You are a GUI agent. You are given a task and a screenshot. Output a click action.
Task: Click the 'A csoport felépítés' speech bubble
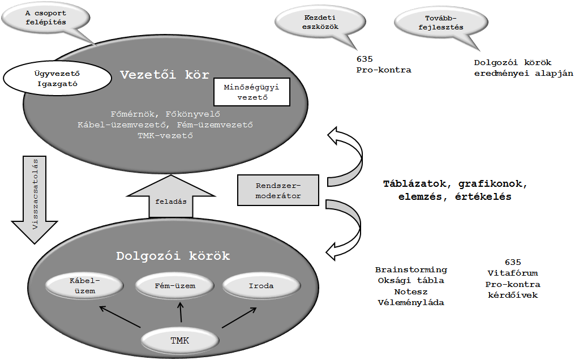click(x=46, y=18)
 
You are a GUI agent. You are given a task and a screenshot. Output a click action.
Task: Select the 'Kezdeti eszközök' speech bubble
click(x=320, y=22)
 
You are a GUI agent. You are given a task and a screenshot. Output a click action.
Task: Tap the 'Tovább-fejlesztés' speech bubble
click(x=441, y=23)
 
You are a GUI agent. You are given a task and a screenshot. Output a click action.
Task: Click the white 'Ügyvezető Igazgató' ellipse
click(x=57, y=79)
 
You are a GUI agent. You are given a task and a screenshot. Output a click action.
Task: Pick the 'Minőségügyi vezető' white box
click(x=252, y=92)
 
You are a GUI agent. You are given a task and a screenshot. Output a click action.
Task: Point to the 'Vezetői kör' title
click(x=165, y=75)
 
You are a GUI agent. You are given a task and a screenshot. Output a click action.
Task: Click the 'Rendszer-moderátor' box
click(x=278, y=190)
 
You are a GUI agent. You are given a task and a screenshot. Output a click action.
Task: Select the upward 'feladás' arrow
click(x=171, y=197)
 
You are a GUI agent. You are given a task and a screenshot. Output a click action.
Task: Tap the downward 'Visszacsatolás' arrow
click(x=35, y=199)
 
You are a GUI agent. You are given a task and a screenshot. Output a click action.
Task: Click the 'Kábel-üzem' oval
click(x=84, y=286)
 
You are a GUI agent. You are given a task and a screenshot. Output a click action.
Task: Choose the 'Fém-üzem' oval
click(x=175, y=286)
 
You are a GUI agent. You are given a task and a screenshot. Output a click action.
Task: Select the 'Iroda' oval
click(x=262, y=286)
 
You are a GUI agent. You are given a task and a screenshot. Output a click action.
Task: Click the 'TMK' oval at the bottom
click(x=180, y=340)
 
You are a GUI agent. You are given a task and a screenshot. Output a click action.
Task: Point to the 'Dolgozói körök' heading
click(x=173, y=256)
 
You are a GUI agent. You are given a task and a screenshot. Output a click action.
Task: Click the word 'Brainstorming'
click(x=411, y=269)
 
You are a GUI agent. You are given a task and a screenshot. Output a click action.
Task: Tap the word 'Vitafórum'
click(x=513, y=273)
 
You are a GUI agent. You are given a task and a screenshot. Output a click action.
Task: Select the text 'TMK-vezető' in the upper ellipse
click(x=165, y=136)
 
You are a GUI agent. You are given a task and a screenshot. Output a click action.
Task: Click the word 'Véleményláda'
click(x=411, y=302)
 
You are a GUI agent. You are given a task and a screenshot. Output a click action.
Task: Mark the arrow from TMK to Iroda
click(x=239, y=318)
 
